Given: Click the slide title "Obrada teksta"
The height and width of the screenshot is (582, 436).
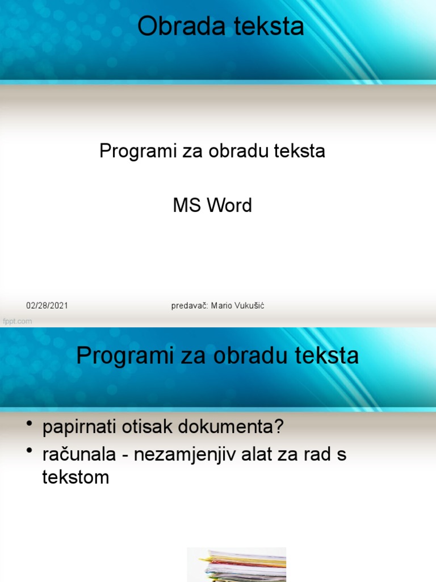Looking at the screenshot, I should pyautogui.click(x=221, y=27).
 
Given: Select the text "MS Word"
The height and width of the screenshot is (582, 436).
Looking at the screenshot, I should pyautogui.click(x=212, y=205).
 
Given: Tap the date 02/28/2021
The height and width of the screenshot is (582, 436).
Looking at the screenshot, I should pyautogui.click(x=47, y=306).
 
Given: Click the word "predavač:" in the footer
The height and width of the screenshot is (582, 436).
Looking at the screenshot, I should pyautogui.click(x=190, y=306).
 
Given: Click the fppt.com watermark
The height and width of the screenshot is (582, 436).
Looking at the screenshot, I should pyautogui.click(x=18, y=321).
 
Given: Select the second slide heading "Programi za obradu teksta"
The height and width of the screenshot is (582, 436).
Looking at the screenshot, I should pyautogui.click(x=217, y=356).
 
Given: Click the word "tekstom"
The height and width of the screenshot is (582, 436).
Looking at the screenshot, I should pyautogui.click(x=76, y=477).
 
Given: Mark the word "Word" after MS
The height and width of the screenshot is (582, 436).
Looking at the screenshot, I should pyautogui.click(x=229, y=205).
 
